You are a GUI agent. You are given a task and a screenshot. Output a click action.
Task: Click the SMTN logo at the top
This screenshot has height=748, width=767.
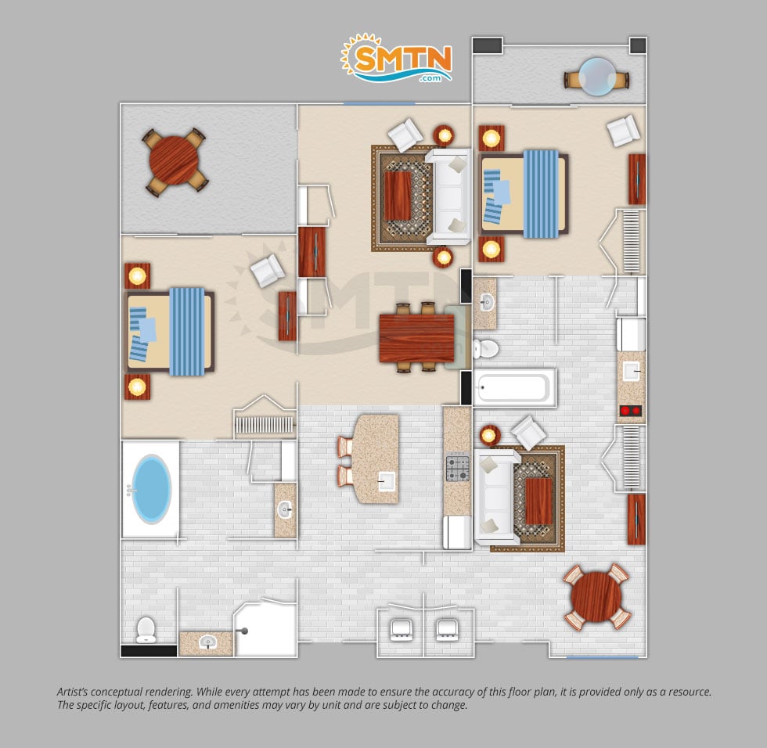396,58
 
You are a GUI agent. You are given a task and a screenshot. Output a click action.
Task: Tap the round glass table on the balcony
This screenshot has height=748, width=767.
596,77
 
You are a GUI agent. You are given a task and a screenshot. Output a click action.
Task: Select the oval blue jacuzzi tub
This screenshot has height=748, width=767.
152,489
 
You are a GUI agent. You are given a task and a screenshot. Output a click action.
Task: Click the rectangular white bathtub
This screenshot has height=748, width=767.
514,387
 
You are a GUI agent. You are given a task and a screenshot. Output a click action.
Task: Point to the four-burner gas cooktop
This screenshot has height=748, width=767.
457,469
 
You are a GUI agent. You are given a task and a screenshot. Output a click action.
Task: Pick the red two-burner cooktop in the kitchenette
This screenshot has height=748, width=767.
631,411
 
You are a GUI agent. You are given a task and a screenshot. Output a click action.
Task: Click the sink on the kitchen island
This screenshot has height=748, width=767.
387,481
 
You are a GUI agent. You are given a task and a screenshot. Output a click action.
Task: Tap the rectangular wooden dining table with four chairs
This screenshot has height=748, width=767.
416,338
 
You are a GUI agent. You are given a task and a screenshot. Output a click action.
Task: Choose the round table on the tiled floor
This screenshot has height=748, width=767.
596,597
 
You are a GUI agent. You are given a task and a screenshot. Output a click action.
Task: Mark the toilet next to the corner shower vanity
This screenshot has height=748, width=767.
146,630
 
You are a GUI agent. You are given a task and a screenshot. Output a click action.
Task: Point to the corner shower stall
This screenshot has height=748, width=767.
265,628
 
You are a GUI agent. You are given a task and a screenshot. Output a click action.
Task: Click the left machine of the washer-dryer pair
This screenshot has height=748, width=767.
401,630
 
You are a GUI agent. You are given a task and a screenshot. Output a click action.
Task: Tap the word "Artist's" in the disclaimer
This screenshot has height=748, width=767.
72,692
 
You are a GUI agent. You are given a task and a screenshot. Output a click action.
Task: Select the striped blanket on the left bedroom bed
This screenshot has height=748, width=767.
187,332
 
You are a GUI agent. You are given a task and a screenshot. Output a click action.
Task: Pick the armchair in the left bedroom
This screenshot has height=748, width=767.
267,271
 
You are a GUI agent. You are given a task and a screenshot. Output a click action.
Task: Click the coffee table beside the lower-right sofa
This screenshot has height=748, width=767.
538,501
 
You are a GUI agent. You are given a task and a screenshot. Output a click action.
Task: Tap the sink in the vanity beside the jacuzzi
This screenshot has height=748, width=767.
285,510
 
